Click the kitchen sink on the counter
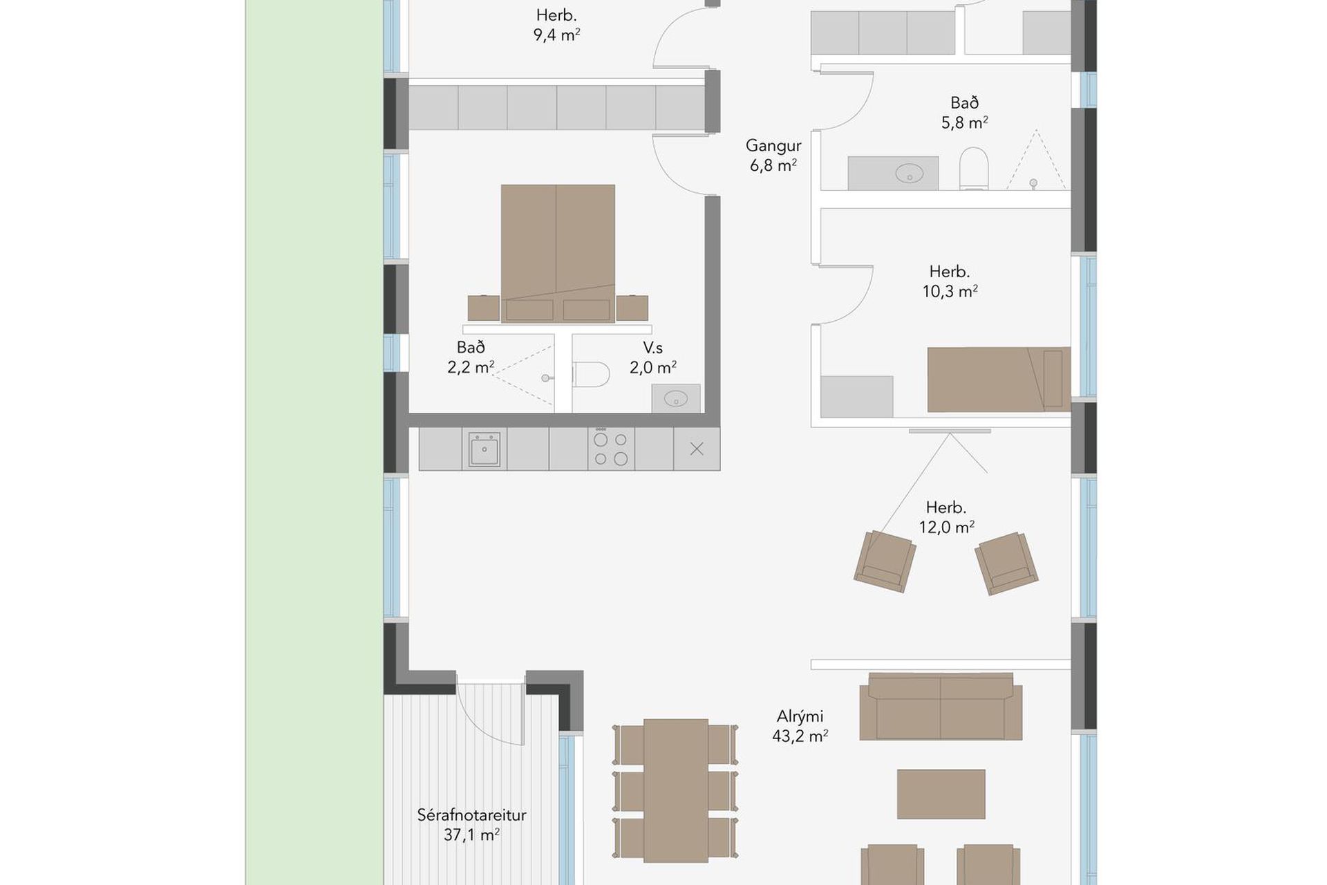coord(484,449)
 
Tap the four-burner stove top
coord(611,448)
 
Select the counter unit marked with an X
coord(697,449)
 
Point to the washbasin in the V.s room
coord(675,398)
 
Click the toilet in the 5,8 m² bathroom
coord(973,168)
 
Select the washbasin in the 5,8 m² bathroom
coord(893,173)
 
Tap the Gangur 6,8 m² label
coord(773,156)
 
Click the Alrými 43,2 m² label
coord(800,726)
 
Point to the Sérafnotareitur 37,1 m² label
coord(471,825)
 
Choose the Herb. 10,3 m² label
coord(950,281)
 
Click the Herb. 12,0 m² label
coord(946,517)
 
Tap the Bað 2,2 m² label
coord(471,357)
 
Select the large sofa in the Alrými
coord(941,707)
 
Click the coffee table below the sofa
coord(941,794)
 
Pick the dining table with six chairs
coord(675,790)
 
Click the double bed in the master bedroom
coord(558,253)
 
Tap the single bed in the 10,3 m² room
coord(999,380)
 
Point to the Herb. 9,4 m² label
coord(556,25)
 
